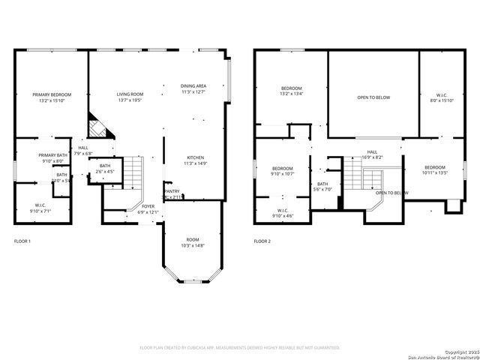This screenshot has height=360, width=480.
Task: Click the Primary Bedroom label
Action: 50,97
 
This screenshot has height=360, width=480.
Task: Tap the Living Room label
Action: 130,97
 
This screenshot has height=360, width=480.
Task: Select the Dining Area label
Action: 193,89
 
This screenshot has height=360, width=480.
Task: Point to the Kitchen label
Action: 194,160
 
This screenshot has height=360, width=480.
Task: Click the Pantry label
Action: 172,193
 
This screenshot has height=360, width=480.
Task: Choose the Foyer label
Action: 148,208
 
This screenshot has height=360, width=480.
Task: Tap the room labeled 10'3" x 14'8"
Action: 192,243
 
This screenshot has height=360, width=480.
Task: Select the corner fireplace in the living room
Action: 99,126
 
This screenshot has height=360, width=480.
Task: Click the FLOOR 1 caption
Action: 22,241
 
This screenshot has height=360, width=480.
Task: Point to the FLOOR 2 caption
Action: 262,241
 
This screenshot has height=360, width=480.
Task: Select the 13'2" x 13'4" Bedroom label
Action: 292,91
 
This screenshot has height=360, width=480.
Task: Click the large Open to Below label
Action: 373,97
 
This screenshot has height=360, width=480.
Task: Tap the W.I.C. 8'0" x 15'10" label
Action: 442,97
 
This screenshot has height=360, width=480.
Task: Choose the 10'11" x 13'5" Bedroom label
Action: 434,169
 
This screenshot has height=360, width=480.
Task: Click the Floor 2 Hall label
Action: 372,154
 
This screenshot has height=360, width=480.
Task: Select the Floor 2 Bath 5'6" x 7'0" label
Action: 322,186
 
